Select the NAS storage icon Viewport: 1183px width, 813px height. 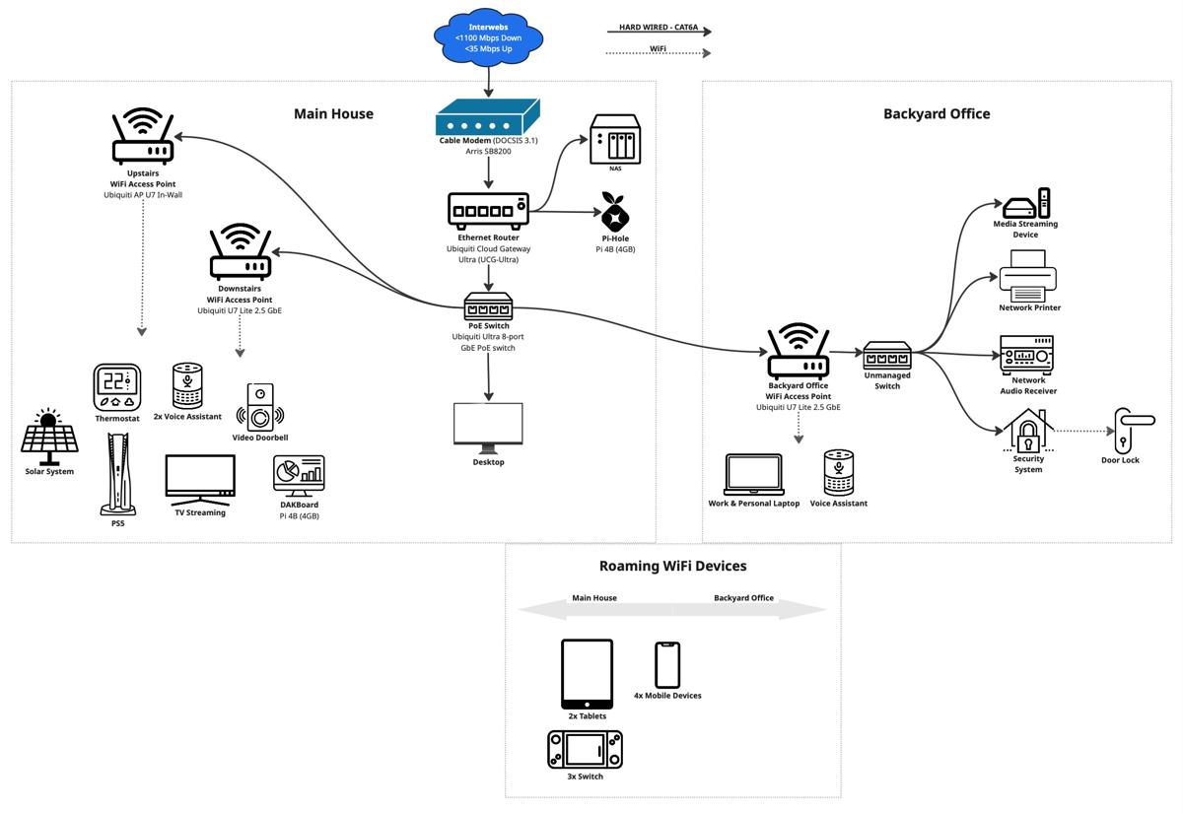(614, 140)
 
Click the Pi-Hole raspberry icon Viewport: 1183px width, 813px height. (617, 211)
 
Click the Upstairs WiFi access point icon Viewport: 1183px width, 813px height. (143, 137)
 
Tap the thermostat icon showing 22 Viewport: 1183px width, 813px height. (117, 387)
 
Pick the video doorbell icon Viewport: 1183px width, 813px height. (260, 406)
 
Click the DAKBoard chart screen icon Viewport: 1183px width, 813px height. (299, 476)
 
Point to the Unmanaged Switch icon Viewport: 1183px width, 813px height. (887, 355)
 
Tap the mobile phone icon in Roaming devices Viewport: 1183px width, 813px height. (667, 665)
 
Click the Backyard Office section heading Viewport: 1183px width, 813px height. (936, 114)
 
